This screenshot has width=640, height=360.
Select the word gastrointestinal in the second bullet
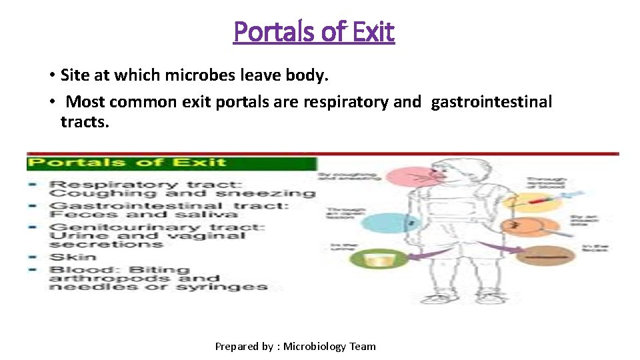pyautogui.click(x=492, y=102)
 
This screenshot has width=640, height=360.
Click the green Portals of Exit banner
pyautogui.click(x=171, y=163)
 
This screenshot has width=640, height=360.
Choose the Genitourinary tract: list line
pyautogui.click(x=157, y=227)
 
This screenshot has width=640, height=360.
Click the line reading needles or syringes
pyautogui.click(x=159, y=287)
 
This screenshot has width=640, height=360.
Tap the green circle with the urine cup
pyautogui.click(x=378, y=257)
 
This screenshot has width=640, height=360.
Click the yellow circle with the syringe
pyautogui.click(x=527, y=201)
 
